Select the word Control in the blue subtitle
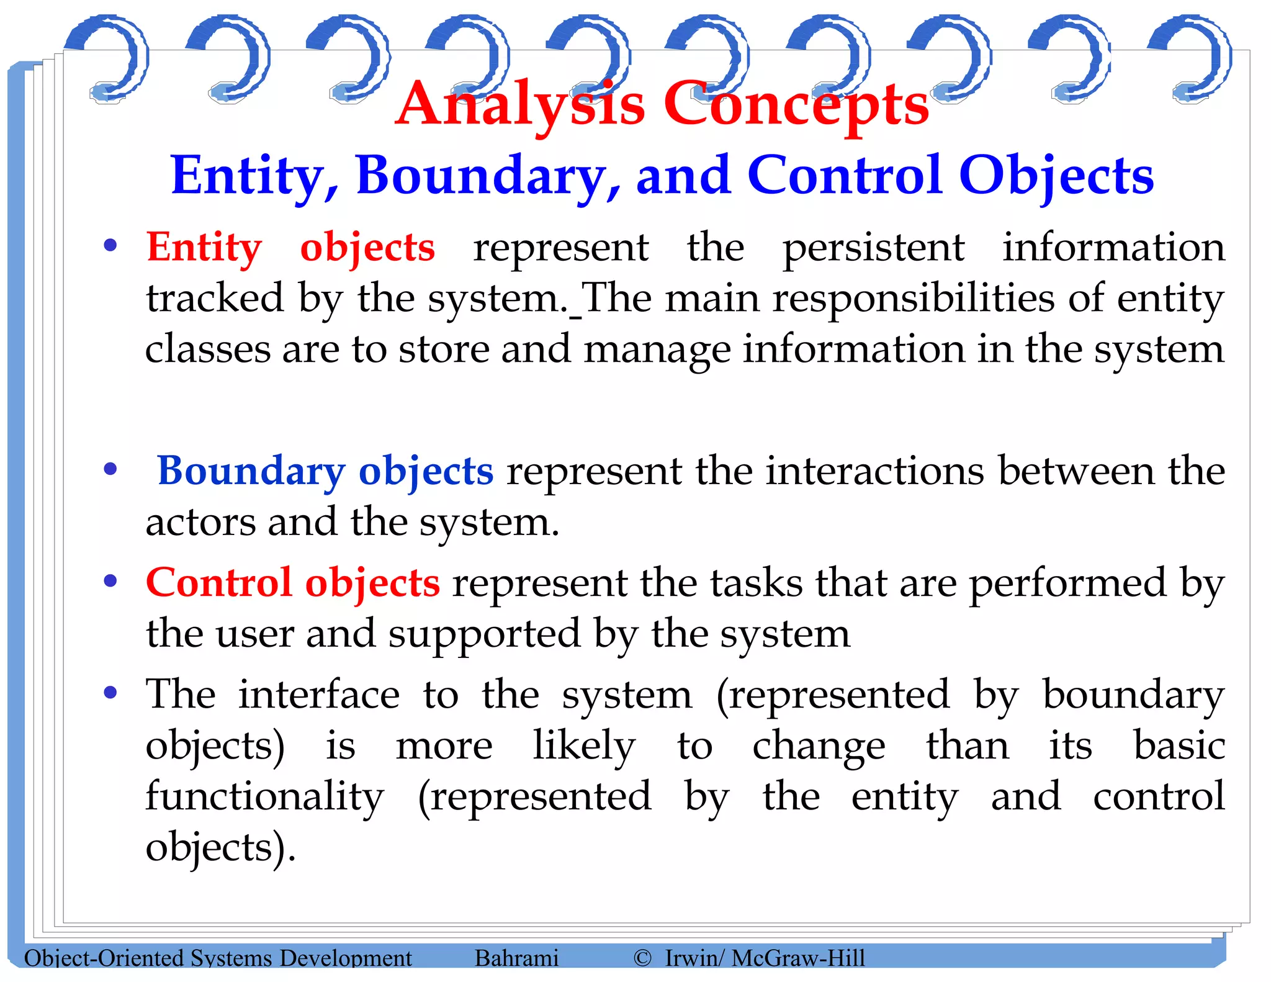click(846, 176)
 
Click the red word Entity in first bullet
click(204, 248)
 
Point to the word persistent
click(873, 248)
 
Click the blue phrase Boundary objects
click(325, 471)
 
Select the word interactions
click(874, 471)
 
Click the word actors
click(200, 522)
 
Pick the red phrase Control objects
click(293, 583)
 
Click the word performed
click(1067, 583)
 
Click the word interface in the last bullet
click(319, 695)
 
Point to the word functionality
click(265, 796)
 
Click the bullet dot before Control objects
click(110, 582)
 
